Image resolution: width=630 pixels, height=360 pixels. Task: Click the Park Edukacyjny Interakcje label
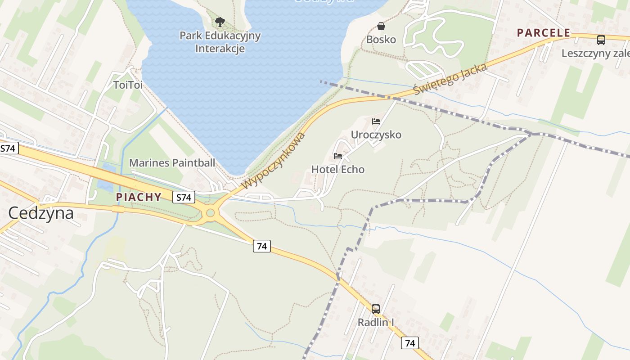[220, 42]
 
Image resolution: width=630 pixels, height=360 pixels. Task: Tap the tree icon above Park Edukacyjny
[220, 22]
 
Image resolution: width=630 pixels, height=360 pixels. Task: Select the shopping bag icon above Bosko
[381, 26]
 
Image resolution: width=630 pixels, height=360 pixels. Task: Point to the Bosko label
[381, 40]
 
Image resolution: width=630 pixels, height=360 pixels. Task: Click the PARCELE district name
[544, 33]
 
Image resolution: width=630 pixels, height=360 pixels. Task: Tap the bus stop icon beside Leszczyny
[601, 40]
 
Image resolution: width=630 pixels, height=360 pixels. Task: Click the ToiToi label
[128, 85]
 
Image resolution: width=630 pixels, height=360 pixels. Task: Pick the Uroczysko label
[376, 135]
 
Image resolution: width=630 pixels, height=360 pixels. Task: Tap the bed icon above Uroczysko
[376, 121]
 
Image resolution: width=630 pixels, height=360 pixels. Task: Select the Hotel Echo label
[338, 170]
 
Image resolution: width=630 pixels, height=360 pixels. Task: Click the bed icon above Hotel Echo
[338, 156]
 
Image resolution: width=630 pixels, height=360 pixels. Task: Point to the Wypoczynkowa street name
[274, 161]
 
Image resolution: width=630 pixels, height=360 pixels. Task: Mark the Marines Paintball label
[172, 163]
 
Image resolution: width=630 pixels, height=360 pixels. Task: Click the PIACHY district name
[139, 197]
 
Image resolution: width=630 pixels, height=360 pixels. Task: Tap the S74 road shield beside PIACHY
[184, 197]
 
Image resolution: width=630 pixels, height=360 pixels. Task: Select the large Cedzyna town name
[41, 213]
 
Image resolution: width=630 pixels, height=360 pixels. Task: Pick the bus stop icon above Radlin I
[376, 309]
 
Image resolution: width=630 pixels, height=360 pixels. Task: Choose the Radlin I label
[376, 322]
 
